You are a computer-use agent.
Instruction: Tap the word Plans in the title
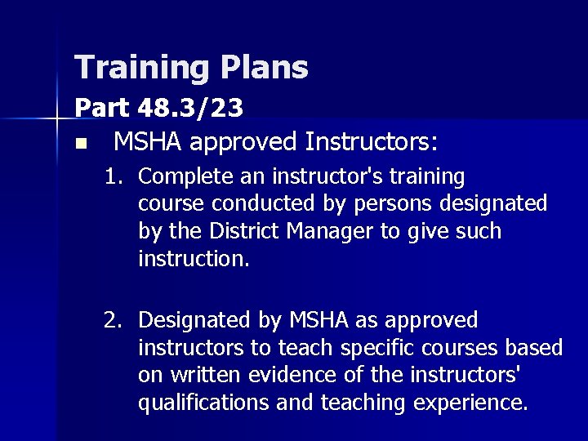(264, 68)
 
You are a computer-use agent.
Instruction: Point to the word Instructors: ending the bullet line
(371, 143)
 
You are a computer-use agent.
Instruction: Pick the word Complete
(178, 176)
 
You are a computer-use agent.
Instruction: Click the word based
(535, 348)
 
